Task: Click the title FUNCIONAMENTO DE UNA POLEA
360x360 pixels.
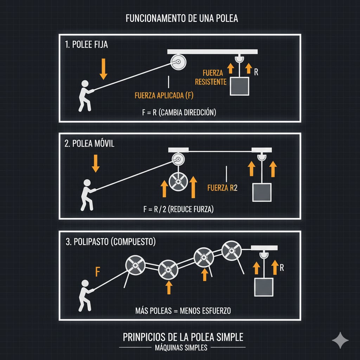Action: point(182,18)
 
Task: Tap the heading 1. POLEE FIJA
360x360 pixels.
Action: point(86,45)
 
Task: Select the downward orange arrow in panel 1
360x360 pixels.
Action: point(104,69)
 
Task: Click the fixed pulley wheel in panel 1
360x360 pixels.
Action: point(178,62)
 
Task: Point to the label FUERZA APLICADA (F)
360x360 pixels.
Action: point(164,95)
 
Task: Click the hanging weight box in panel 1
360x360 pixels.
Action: point(239,86)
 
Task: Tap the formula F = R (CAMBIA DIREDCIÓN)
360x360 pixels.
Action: point(179,112)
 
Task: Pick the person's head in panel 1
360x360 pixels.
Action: point(85,84)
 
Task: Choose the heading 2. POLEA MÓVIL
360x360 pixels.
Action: point(89,143)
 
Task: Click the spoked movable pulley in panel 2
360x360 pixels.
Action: point(178,182)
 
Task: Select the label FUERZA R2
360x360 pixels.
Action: point(222,188)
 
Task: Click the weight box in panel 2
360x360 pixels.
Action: point(262,192)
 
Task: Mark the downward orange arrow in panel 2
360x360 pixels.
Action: point(96,163)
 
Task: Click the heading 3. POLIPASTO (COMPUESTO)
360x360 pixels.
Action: point(111,242)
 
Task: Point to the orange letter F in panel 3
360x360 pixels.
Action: point(98,272)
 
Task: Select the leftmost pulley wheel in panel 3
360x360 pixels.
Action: point(135,265)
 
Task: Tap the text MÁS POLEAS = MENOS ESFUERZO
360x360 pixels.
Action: point(183,311)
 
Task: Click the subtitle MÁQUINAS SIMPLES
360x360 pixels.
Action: point(181,348)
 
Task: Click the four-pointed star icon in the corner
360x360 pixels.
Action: point(340,340)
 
